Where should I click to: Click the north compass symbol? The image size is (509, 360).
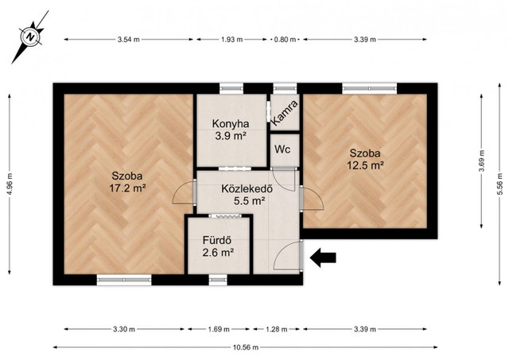pyautogui.click(x=30, y=37)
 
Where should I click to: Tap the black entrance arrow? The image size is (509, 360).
pyautogui.click(x=323, y=257)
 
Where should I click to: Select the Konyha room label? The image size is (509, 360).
pyautogui.click(x=231, y=123)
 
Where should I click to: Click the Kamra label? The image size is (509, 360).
pyautogui.click(x=284, y=113)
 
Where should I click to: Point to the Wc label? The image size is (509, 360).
pyautogui.click(x=282, y=150)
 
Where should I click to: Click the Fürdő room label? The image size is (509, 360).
pyautogui.click(x=217, y=240)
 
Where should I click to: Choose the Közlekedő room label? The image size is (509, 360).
pyautogui.click(x=247, y=189)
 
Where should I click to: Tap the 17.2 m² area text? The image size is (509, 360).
pyautogui.click(x=127, y=188)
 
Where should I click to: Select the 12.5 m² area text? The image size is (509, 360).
pyautogui.click(x=366, y=165)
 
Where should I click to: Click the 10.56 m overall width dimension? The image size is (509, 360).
pyautogui.click(x=246, y=347)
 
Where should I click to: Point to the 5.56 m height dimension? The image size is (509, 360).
pyautogui.click(x=500, y=184)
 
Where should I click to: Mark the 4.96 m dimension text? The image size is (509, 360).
pyautogui.click(x=10, y=184)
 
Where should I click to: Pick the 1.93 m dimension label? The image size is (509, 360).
pyautogui.click(x=231, y=40)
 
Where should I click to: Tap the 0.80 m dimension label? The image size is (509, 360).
pyautogui.click(x=285, y=40)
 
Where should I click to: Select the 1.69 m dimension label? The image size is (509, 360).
pyautogui.click(x=219, y=330)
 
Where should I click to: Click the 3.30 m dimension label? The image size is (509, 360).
pyautogui.click(x=124, y=330)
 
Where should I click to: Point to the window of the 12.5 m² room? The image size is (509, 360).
pyautogui.click(x=369, y=88)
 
